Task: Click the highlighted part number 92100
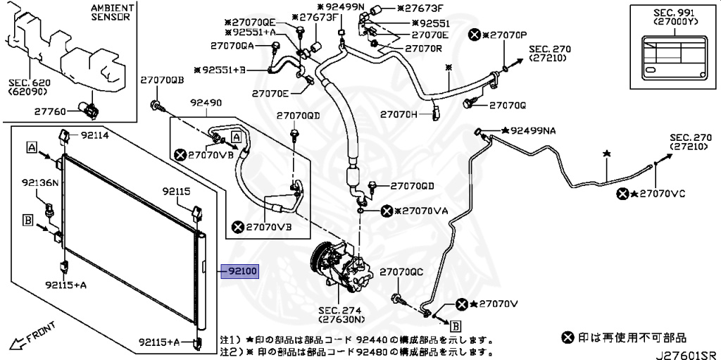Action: click(x=240, y=270)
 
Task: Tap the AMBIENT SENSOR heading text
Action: click(x=110, y=12)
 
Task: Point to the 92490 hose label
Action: click(x=206, y=103)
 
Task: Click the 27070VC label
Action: click(x=658, y=194)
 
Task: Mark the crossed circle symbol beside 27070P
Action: click(x=475, y=34)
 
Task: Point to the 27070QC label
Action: click(x=401, y=272)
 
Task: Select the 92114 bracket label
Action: click(x=94, y=135)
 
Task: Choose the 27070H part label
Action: click(x=399, y=113)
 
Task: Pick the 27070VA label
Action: click(x=422, y=211)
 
